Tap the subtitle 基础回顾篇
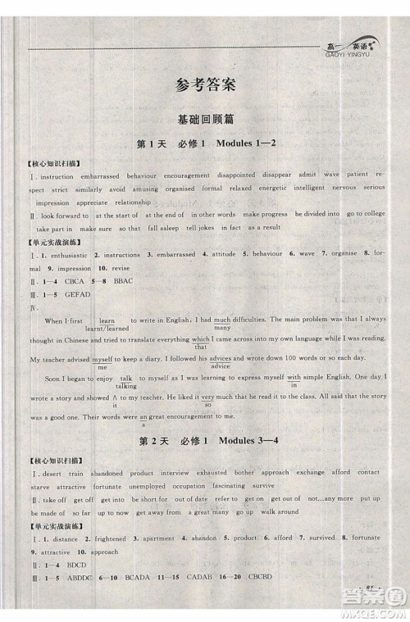[205, 118]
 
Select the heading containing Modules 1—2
[205, 145]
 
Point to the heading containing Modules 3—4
[205, 443]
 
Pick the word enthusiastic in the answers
[61, 256]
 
